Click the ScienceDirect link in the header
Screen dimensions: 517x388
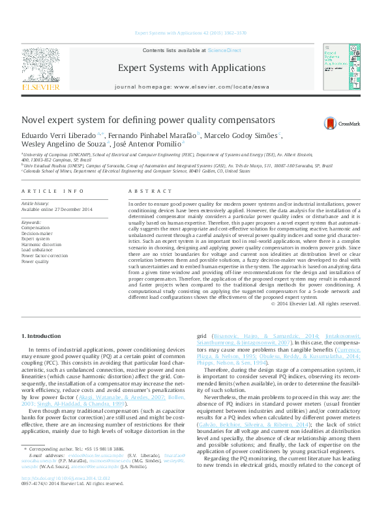point(224,50)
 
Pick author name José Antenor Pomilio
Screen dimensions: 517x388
point(147,144)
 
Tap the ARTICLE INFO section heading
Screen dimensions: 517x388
point(53,191)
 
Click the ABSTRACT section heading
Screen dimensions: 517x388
point(149,191)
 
